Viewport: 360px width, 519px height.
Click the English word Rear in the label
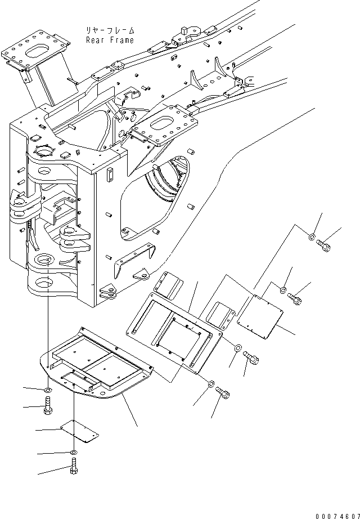tap(94, 40)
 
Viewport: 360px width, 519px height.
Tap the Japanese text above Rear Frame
tap(110, 31)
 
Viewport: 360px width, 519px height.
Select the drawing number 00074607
tap(337, 516)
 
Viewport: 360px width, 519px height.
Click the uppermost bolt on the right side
tap(323, 245)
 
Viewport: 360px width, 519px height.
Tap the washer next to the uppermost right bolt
tap(312, 237)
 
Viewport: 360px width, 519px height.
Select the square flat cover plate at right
tap(260, 317)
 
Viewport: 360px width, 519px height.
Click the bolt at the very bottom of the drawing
tap(74, 466)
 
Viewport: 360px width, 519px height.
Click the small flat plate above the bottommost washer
tap(80, 431)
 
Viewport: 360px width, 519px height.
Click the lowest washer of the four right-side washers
tap(211, 384)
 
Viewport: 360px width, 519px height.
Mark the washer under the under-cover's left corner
tap(48, 391)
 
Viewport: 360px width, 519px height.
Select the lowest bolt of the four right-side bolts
tap(223, 393)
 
